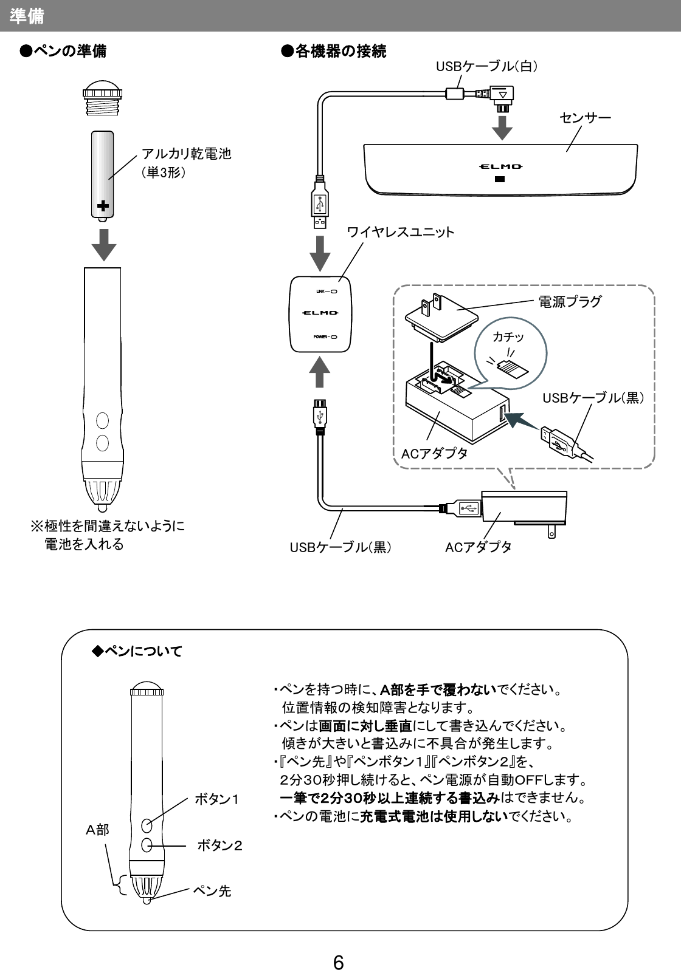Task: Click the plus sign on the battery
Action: point(103,207)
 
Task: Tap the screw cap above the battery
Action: point(103,98)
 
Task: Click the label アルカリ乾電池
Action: point(187,154)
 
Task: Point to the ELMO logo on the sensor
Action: point(499,166)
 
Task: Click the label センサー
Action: point(585,117)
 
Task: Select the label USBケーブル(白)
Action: point(486,66)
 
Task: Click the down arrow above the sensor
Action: point(502,128)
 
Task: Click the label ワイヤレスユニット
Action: point(400,232)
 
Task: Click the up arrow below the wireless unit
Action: point(320,372)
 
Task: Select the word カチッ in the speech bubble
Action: point(508,337)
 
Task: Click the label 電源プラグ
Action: point(570,301)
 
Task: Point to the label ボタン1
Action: point(217,799)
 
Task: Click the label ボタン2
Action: point(220,845)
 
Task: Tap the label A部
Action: point(97,830)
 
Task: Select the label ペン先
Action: point(212,891)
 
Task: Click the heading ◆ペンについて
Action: point(137,652)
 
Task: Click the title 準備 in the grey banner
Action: point(27,16)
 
